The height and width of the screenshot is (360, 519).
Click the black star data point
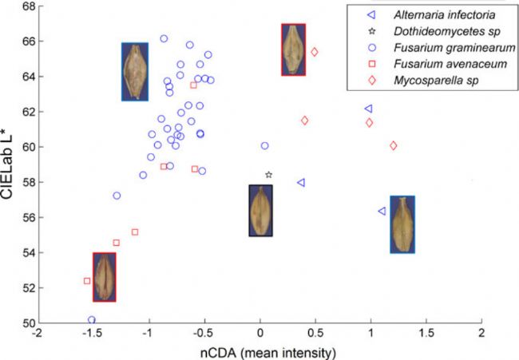click(269, 175)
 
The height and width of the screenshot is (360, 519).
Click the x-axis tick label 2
click(482, 335)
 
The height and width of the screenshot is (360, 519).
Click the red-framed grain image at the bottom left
click(105, 277)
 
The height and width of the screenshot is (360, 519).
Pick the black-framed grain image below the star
click(260, 211)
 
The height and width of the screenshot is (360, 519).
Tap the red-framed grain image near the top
click(293, 49)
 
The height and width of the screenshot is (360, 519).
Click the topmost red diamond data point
click(315, 52)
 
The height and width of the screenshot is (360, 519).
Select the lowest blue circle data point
click(92, 320)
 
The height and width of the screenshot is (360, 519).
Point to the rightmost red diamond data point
click(394, 145)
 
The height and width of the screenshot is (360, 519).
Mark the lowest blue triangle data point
click(382, 211)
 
